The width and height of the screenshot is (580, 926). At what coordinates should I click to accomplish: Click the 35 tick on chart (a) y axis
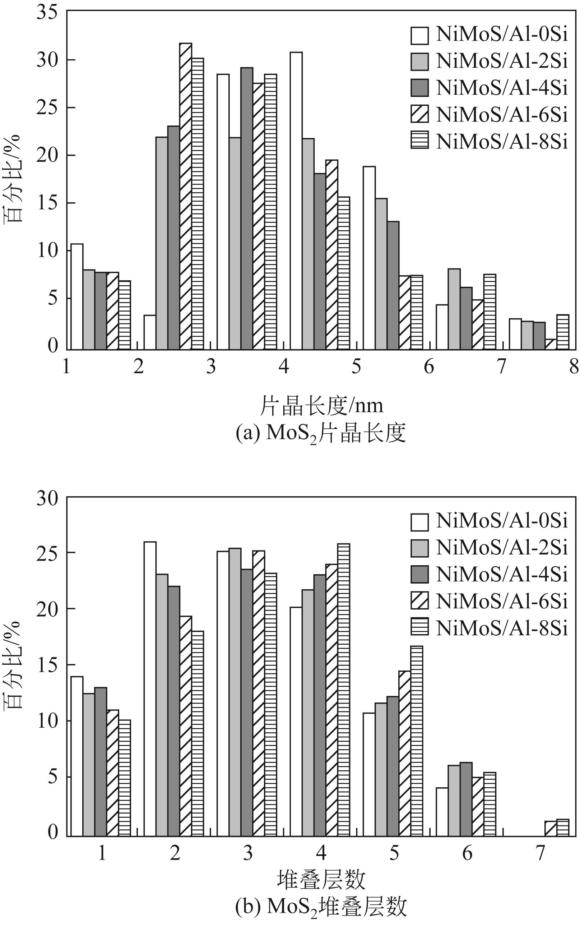point(47,12)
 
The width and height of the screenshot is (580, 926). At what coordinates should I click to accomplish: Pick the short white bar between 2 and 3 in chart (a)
point(150,332)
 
